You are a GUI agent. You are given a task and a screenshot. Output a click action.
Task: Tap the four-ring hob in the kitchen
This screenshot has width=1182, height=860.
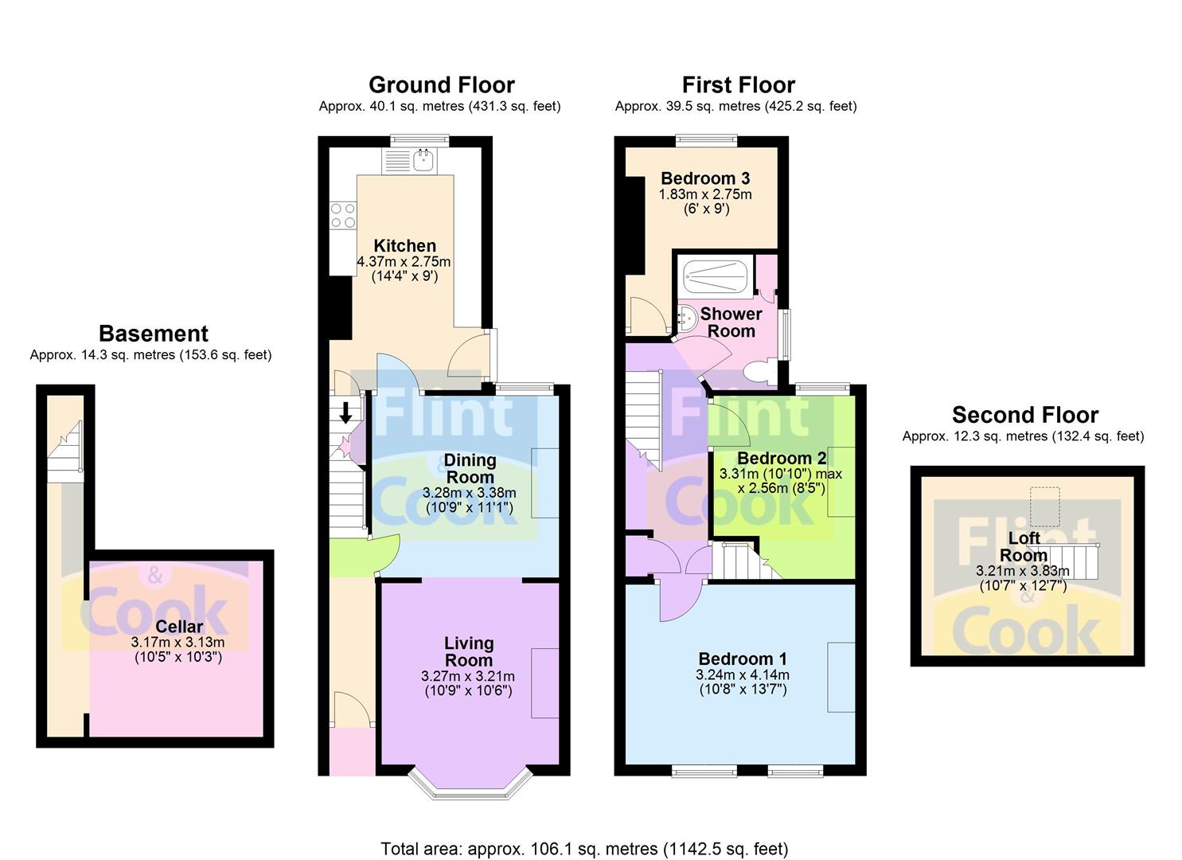(342, 216)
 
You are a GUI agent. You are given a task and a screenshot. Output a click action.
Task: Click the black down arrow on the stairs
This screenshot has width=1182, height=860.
(345, 412)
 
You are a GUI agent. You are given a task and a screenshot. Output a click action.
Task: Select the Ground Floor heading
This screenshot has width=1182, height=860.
(441, 84)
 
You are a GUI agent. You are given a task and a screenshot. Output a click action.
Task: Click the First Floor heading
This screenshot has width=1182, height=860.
(738, 84)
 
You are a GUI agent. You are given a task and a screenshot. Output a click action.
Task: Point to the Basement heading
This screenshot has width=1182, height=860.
(154, 334)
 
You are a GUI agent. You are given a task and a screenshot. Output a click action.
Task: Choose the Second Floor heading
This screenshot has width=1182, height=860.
(1025, 415)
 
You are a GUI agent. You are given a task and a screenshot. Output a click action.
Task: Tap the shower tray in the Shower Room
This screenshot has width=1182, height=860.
(716, 276)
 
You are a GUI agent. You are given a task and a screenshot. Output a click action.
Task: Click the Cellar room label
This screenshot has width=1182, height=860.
(179, 627)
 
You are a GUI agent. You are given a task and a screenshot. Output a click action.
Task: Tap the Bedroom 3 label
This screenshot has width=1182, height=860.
(705, 178)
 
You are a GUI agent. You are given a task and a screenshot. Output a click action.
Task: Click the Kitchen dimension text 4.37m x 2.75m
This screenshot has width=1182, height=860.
(404, 261)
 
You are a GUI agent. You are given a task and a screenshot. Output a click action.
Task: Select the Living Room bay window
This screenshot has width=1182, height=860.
(470, 785)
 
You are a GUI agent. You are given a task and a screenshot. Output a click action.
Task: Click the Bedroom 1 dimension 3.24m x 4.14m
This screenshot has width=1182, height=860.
(743, 674)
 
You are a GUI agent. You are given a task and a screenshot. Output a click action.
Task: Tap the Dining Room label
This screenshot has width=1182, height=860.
(470, 468)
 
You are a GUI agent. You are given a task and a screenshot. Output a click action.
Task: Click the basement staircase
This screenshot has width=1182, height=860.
(65, 451)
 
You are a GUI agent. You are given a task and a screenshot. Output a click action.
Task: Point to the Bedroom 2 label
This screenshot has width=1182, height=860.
(782, 458)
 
